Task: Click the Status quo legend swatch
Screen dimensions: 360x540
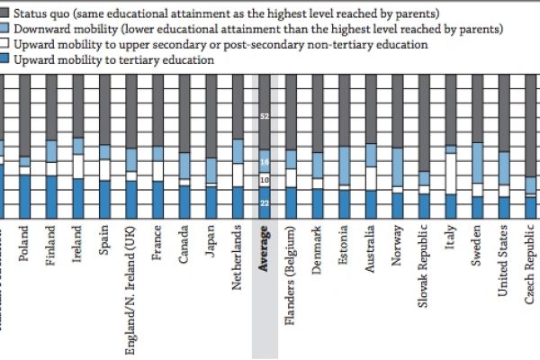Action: point(5,14)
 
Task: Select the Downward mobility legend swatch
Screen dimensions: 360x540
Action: point(5,29)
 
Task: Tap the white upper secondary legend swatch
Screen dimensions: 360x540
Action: point(5,44)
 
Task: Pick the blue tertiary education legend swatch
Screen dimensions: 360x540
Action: point(5,59)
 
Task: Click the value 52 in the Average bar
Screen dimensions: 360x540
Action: point(265,117)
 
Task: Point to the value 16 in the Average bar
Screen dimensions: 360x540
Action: point(265,162)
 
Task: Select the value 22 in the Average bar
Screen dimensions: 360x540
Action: point(265,203)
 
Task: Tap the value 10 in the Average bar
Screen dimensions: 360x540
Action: point(265,181)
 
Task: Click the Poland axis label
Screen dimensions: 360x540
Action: point(24,245)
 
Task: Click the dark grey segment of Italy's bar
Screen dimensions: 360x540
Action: point(451,110)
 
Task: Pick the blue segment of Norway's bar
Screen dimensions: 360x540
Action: point(398,205)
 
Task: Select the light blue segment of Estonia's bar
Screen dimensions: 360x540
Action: point(345,166)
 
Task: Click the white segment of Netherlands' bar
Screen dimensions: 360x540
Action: point(238,175)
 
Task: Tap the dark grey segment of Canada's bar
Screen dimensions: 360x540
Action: point(184,112)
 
